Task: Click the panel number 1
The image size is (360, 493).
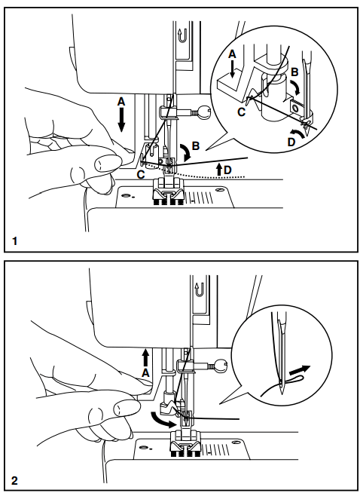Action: click(14, 241)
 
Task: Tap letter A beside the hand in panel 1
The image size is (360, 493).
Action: click(121, 101)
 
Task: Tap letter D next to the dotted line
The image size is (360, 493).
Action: click(227, 171)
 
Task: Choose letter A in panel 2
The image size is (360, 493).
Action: click(145, 369)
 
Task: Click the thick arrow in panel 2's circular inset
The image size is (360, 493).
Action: click(300, 371)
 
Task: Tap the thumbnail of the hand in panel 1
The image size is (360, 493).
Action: click(101, 160)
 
